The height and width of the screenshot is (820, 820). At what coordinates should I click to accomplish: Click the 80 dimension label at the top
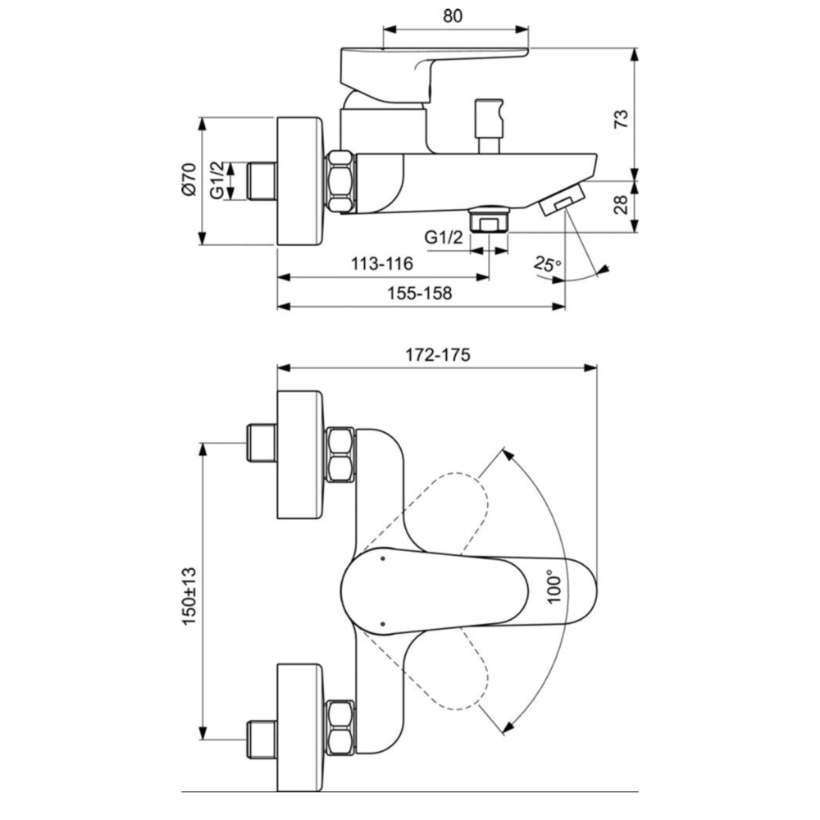click(x=453, y=16)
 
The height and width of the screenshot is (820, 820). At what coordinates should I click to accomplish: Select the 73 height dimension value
click(x=621, y=119)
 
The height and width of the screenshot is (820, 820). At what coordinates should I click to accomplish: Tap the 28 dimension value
click(x=621, y=204)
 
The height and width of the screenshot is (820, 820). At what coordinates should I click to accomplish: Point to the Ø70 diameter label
click(x=189, y=179)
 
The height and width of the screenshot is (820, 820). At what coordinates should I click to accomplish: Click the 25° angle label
click(x=548, y=264)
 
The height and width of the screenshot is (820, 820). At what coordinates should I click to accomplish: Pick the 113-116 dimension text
click(x=382, y=263)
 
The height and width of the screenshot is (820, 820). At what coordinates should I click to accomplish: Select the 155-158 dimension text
click(x=419, y=294)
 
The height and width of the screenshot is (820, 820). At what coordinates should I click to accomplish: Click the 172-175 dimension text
click(x=438, y=355)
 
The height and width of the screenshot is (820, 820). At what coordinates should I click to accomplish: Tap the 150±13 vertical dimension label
click(x=189, y=595)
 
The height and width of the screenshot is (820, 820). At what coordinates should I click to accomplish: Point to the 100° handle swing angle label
click(x=554, y=587)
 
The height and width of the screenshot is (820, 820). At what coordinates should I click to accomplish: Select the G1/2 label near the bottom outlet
click(x=444, y=238)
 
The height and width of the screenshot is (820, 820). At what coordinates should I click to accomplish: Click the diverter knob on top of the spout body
click(x=489, y=126)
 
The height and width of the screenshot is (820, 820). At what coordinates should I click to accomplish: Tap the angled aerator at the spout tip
click(x=562, y=198)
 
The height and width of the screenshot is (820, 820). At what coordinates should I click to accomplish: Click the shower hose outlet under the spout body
click(x=490, y=219)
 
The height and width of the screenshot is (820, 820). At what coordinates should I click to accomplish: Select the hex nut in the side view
click(x=340, y=181)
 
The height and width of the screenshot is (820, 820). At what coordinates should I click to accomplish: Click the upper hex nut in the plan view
click(x=340, y=455)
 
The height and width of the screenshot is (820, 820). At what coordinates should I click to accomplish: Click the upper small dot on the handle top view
click(x=382, y=559)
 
